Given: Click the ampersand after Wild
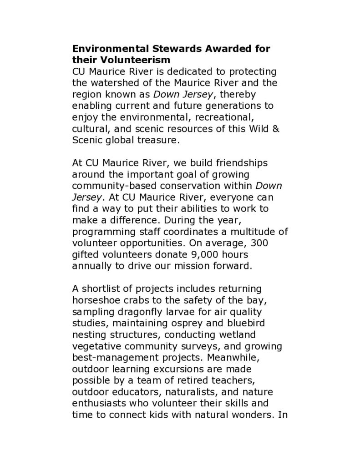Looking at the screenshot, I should pos(276,129).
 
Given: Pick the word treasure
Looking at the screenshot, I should pos(154,140).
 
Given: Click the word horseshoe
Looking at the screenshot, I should pos(95,299).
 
